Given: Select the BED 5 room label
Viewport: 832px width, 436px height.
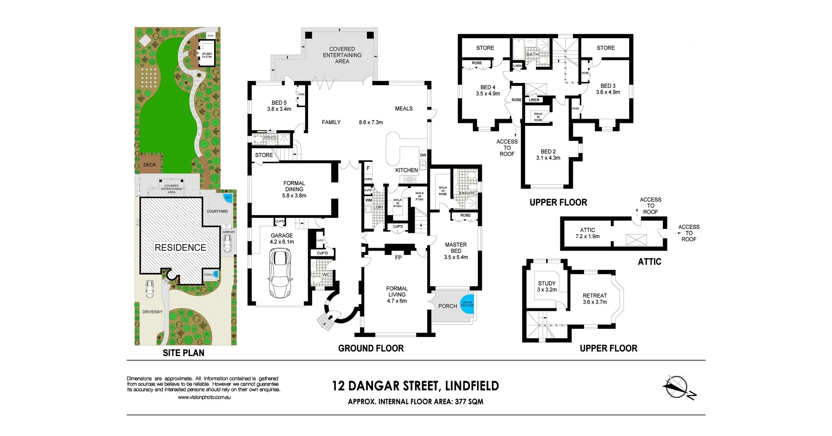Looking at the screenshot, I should pos(279,106).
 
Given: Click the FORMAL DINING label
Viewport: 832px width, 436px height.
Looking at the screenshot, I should pos(294,189).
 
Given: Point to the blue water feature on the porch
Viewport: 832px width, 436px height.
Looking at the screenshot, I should pos(467,304).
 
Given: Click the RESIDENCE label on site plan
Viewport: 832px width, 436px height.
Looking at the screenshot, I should pos(180,248).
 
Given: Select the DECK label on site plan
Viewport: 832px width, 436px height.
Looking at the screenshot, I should pos(149,165).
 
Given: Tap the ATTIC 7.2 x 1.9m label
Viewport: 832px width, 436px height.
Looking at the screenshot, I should pos(587,233).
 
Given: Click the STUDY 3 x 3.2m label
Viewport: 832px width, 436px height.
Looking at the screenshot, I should pos(546,286).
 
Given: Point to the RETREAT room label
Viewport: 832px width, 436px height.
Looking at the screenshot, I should pos(595,299).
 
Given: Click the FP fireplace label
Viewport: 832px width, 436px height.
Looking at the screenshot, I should pos(398,258).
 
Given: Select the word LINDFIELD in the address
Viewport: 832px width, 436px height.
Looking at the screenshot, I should pos(472,386).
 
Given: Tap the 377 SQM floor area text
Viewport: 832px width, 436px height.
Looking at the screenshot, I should pos(469,401).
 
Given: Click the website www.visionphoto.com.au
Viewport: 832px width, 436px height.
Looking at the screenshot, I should pos(204,397).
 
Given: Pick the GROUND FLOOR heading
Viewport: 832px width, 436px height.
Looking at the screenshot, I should pos(370,348).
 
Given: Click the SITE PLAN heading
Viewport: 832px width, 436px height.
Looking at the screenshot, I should pos(183,353).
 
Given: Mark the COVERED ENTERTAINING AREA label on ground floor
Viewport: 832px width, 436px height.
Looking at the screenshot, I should pos(342,55).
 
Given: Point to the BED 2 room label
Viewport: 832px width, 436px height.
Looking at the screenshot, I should pos(548,155).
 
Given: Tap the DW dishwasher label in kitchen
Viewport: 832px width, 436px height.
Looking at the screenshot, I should pos(423,155).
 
